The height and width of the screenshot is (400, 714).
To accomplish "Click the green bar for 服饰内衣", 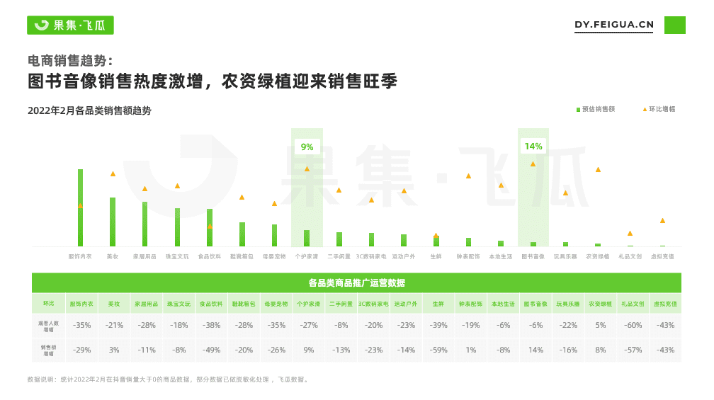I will (80, 208).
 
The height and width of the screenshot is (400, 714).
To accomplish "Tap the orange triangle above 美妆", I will (113, 173).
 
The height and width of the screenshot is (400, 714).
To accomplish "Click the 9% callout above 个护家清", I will (307, 147).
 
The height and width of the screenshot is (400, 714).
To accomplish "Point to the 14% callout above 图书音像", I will (533, 147).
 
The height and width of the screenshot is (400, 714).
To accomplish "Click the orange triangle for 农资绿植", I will (598, 169).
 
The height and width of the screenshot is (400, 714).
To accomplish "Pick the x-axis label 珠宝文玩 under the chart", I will (177, 256).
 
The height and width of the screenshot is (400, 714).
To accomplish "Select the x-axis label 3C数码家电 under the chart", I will (371, 256).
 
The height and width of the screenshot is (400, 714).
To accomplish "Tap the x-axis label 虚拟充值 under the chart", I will (662, 256).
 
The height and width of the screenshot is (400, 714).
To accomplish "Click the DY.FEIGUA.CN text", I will (614, 25).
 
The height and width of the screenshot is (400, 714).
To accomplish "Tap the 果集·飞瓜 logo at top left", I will (70, 25).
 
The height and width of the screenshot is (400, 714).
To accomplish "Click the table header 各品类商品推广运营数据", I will (356, 282).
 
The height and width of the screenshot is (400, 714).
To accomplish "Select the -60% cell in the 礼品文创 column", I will (633, 325).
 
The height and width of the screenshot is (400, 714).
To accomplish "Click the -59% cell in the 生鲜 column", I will (438, 350).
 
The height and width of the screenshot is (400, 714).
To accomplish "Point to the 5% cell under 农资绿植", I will (600, 325).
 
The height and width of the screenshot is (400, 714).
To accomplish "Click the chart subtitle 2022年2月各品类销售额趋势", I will (89, 110).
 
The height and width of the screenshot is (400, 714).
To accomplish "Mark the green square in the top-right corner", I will (674, 25).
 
